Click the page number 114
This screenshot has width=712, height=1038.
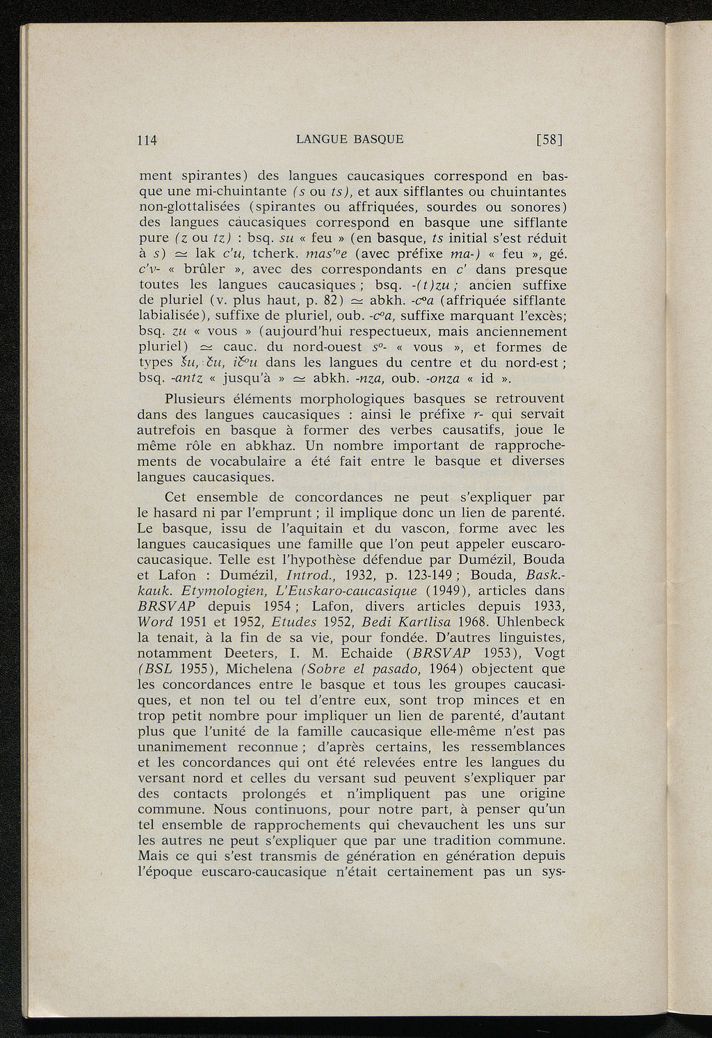click(x=148, y=139)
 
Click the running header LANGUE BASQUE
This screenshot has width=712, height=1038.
click(x=349, y=138)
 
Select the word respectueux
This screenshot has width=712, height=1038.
click(x=384, y=332)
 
